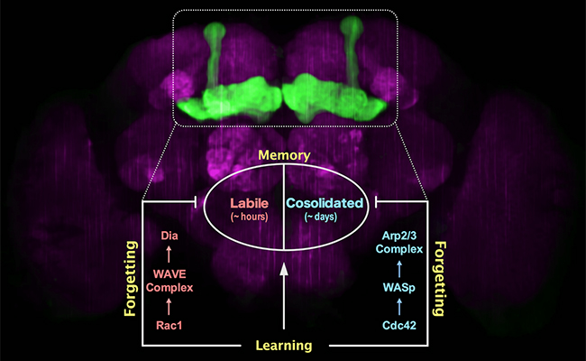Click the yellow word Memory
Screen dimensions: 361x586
click(x=284, y=156)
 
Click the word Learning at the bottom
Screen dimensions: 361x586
click(x=285, y=346)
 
